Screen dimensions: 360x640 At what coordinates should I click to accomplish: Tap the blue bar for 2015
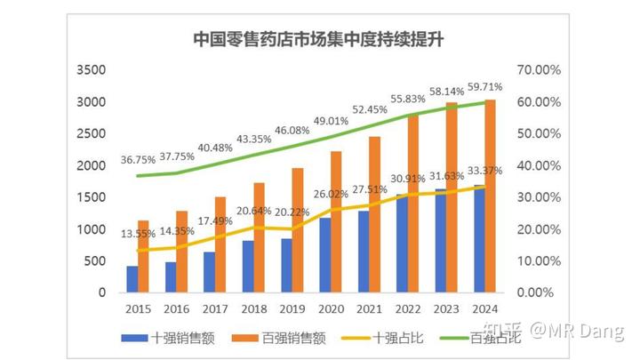click(132, 278)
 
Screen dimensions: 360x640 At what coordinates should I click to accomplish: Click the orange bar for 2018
click(259, 237)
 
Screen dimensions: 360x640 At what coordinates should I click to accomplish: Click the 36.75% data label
click(138, 161)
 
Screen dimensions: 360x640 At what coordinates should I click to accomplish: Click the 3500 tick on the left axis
click(92, 70)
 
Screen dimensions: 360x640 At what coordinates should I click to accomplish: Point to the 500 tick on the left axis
click(95, 260)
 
